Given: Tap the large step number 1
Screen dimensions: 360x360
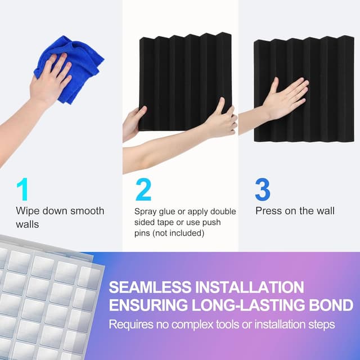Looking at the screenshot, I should [22, 190].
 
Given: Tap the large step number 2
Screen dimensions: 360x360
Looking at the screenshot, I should [143, 190].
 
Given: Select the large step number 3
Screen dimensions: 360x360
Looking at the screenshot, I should [263, 190].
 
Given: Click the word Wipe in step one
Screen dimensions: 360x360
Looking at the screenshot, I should [28, 211].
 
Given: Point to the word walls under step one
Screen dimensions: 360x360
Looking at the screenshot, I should [27, 223].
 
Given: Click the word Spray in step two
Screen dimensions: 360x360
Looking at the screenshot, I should [146, 211].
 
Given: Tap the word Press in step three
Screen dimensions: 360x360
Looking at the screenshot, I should [269, 211].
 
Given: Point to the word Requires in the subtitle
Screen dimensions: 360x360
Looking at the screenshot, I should [129, 325].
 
